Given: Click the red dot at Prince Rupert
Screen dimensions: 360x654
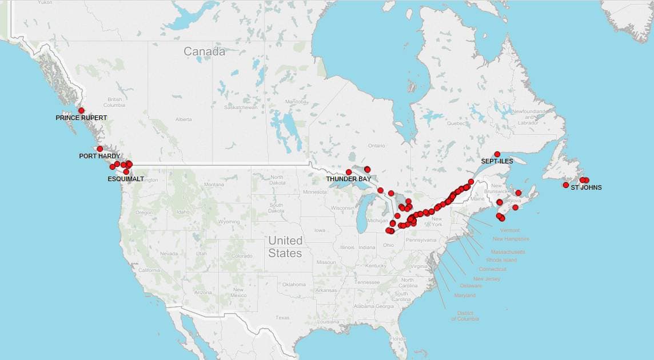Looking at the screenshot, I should pos(81,110).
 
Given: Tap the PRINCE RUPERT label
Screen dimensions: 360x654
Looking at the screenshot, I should pos(81,118).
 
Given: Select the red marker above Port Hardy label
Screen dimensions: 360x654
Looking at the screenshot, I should pos(100,149).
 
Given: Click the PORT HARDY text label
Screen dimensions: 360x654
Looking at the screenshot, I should pos(99,156).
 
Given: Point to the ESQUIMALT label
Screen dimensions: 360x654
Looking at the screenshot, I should pos(126,179).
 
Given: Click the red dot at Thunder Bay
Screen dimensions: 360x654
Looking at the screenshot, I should pos(349,172).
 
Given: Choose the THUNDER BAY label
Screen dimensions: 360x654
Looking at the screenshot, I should pos(349,179).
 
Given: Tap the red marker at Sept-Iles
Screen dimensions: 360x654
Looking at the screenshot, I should pos(497,154).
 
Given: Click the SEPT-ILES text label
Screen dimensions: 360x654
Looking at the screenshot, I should pos(497,161).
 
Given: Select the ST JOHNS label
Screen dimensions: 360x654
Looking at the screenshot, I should pos(586,187).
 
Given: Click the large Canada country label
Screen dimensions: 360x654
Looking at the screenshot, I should pos(204,51).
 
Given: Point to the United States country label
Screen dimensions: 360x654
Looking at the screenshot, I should pos(285,246).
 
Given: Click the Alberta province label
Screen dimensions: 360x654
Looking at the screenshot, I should pos(184,119).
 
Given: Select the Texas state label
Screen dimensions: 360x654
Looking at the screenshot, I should pos(282,317).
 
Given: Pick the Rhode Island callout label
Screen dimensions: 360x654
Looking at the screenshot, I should pos(501,260).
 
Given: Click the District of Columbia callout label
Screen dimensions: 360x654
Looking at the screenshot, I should pos(465,315).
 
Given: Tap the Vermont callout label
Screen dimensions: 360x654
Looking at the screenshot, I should pos(510,230).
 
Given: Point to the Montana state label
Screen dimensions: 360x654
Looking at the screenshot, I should pos(214,185).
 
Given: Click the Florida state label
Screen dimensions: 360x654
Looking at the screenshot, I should pos(398,339).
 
